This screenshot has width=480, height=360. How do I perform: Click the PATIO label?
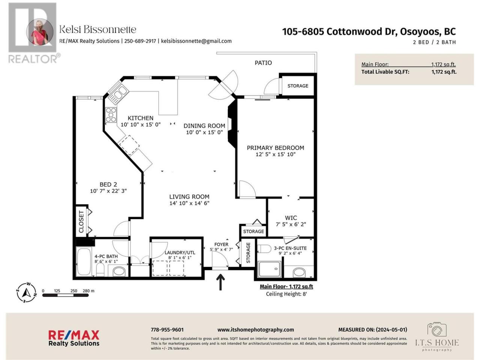[263, 63]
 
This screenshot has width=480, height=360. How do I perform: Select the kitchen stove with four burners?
[111, 115]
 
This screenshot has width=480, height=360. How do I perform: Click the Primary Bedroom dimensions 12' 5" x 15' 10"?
[276, 154]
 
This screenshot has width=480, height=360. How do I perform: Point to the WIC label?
[291, 218]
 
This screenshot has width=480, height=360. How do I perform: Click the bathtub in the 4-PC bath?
[84, 261]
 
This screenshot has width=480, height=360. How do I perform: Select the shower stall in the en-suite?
[270, 269]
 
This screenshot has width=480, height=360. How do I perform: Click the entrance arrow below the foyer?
[220, 282]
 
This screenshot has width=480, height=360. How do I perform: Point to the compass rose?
[27, 292]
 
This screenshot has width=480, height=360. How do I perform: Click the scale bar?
[65, 295]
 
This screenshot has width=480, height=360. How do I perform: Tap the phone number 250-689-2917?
[140, 41]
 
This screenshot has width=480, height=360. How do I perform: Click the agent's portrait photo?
[40, 32]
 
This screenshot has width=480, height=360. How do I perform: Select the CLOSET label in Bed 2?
[81, 222]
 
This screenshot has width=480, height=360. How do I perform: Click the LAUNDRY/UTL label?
[180, 253]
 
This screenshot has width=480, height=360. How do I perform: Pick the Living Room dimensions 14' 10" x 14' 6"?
[189, 203]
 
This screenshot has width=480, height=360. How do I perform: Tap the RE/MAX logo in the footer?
[74, 338]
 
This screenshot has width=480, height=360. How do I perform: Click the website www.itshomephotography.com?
[256, 330]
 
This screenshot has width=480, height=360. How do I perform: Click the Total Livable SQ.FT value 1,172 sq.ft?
[444, 72]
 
